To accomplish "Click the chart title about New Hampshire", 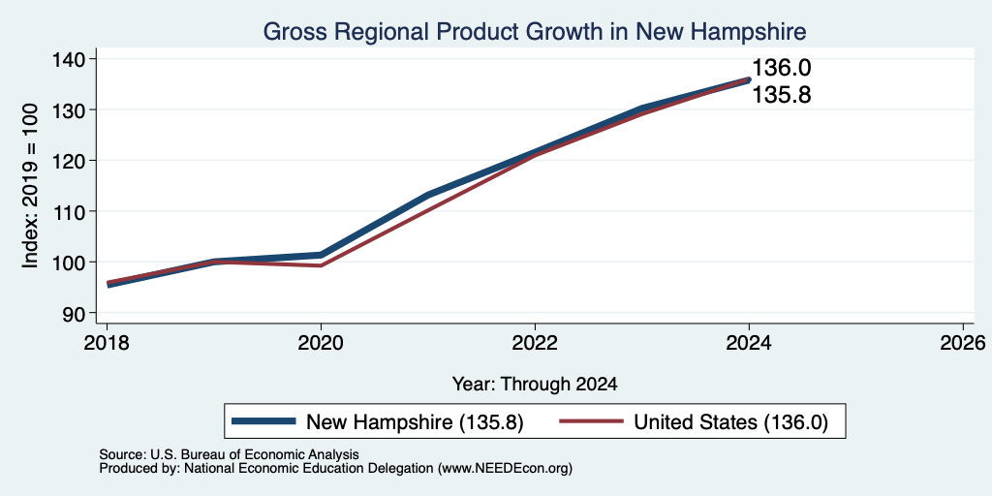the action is coord(534,31).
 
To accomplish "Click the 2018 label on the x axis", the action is coord(107,344).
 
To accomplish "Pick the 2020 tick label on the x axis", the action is coord(321,344).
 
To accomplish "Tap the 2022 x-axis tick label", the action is coord(535,344).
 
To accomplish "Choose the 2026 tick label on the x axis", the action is coord(962,344).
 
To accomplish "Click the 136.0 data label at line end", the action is coord(782,68).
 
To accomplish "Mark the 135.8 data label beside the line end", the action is coord(782,95).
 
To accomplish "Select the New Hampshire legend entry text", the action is coord(415,422).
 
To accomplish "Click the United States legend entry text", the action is coord(730,422).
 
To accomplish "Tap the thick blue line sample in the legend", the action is coord(263,421).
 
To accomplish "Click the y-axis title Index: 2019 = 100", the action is coord(30,186).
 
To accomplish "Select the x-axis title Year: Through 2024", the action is coord(535,384).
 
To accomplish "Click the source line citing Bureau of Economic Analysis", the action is coord(229,454).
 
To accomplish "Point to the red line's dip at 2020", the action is coord(321,265).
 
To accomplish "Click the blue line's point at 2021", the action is coord(428,194).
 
